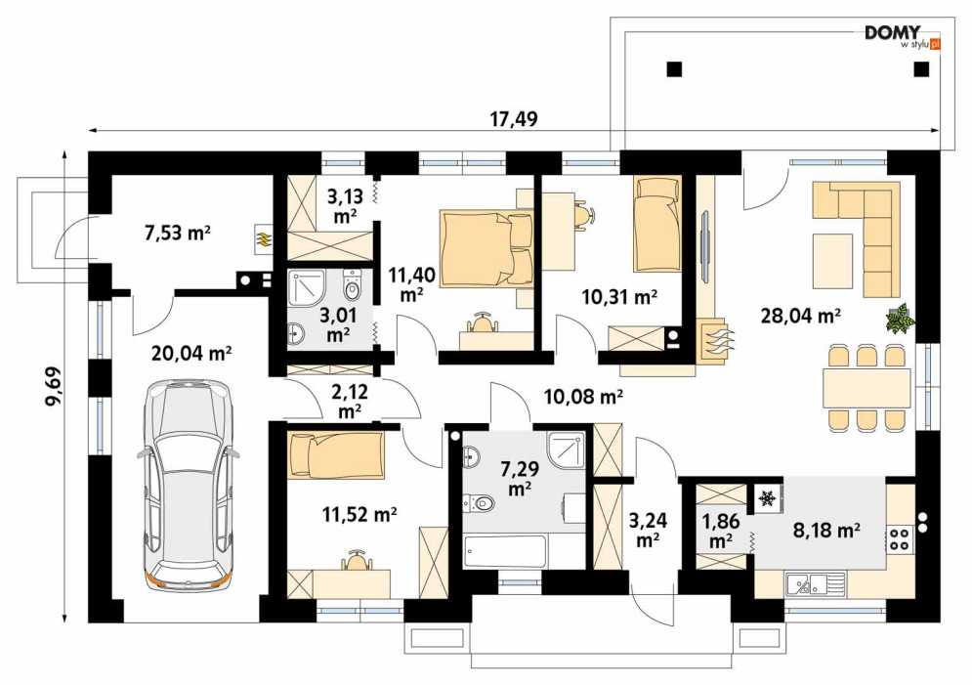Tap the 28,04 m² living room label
pyautogui.click(x=800, y=317)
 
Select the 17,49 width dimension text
pyautogui.click(x=514, y=119)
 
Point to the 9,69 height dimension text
pyautogui.click(x=55, y=387)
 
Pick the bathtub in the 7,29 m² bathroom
pyautogui.click(x=505, y=552)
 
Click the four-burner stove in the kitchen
pyautogui.click(x=899, y=539)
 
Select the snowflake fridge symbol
pyautogui.click(x=769, y=497)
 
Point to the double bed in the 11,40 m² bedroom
pyautogui.click(x=486, y=249)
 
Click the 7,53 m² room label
pyautogui.click(x=177, y=234)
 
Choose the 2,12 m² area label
pyautogui.click(x=351, y=401)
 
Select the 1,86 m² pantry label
pyautogui.click(x=721, y=531)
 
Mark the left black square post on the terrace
pyautogui.click(x=674, y=68)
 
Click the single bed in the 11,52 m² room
pyautogui.click(x=335, y=455)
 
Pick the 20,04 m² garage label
pyautogui.click(x=191, y=354)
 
